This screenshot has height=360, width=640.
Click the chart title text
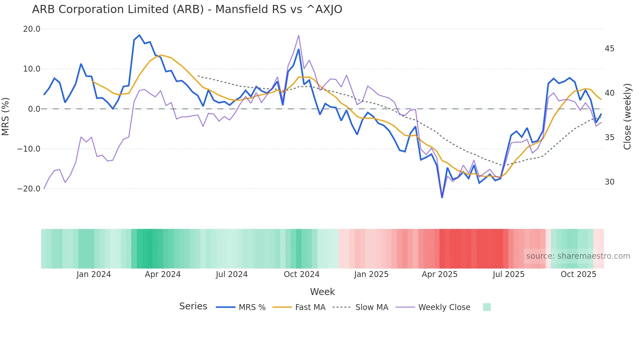(x=187, y=9)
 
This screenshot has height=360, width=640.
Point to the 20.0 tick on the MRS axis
(x=32, y=29)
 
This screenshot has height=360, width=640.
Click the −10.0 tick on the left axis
(x=29, y=149)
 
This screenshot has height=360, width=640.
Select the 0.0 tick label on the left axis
(x=34, y=109)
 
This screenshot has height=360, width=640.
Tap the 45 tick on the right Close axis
(x=609, y=49)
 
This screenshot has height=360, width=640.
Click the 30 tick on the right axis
(x=609, y=182)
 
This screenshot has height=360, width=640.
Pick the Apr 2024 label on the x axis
(x=163, y=274)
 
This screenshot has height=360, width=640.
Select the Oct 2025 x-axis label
(x=578, y=274)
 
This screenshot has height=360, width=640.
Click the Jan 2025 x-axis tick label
(x=371, y=274)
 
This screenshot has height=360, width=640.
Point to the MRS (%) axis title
(x=6, y=116)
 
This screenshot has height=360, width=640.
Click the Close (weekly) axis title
(x=627, y=117)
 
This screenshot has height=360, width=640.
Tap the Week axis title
(x=322, y=292)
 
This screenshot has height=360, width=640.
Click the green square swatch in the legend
(x=487, y=307)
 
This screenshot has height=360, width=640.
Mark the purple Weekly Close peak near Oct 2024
(x=298, y=36)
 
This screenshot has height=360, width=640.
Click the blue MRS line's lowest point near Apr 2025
(x=442, y=197)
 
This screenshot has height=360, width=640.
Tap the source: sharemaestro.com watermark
(x=578, y=256)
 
